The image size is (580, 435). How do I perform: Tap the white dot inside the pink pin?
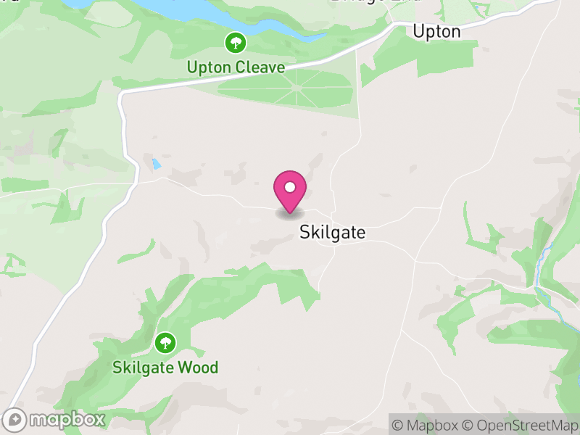pyautogui.click(x=290, y=187)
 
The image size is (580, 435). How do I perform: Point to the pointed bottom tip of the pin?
pyautogui.click(x=290, y=212)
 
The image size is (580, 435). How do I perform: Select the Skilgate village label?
pyautogui.click(x=333, y=233)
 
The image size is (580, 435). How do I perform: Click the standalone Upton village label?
pyautogui.click(x=436, y=31)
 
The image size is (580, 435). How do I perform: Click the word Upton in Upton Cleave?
pyautogui.click(x=209, y=67)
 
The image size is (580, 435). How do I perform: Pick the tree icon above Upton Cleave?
pyautogui.click(x=234, y=43)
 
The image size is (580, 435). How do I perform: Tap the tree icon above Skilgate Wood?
pyautogui.click(x=165, y=341)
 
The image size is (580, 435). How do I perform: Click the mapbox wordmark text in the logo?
pyautogui.click(x=67, y=419)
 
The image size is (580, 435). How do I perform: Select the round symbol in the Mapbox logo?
pyautogui.click(x=14, y=419)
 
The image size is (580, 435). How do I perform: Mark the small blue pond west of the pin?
pyautogui.click(x=156, y=165)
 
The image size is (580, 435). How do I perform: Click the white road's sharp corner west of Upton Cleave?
pyautogui.click(x=121, y=94)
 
